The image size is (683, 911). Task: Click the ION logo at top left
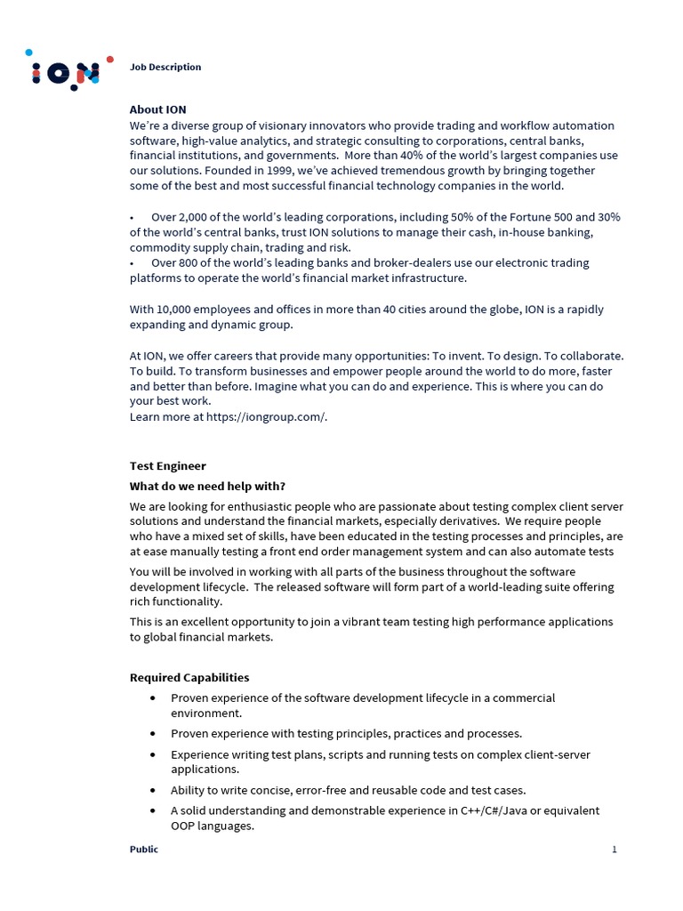click(x=67, y=72)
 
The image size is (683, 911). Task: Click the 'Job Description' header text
click(x=165, y=67)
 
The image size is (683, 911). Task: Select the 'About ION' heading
click(x=158, y=109)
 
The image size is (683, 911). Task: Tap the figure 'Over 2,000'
click(x=178, y=217)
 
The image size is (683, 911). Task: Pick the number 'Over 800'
click(x=174, y=263)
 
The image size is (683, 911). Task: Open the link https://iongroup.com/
click(x=266, y=417)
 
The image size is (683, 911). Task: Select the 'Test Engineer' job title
click(x=168, y=465)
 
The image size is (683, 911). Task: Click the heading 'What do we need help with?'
click(x=208, y=486)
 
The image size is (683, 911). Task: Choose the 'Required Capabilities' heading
click(x=189, y=678)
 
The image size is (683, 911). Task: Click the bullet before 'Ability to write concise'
click(x=153, y=790)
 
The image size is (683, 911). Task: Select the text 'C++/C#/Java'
click(x=494, y=810)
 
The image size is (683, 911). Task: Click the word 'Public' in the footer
click(x=144, y=850)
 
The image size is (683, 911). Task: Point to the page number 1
click(x=614, y=850)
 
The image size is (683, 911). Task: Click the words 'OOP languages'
click(x=213, y=826)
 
